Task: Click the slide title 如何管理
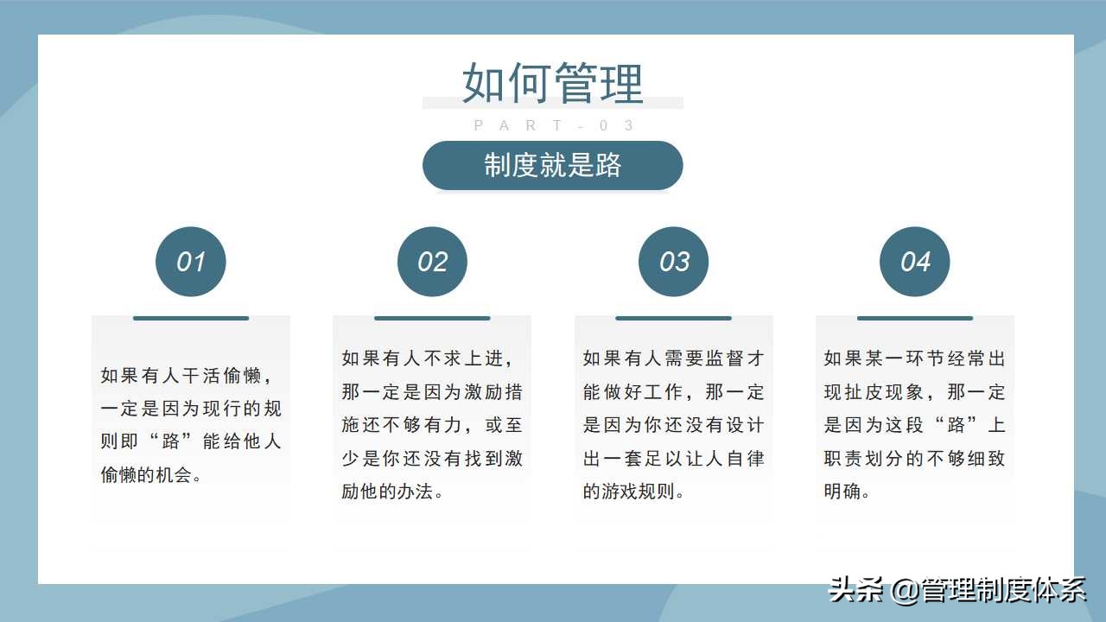pos(553,83)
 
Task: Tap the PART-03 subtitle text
pos(554,126)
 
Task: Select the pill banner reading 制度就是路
pos(553,165)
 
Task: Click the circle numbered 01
pos(191,262)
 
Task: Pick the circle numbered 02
pos(432,262)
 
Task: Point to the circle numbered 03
pos(674,262)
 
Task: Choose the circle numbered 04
pos(915,262)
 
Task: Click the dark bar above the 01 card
pos(191,318)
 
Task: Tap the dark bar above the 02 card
pos(432,318)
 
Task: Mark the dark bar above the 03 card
pos(674,318)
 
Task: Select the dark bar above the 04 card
pos(915,318)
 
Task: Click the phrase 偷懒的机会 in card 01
pos(147,474)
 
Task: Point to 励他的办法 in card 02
pos(388,492)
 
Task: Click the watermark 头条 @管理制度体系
pos(957,590)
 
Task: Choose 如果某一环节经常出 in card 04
pos(915,359)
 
